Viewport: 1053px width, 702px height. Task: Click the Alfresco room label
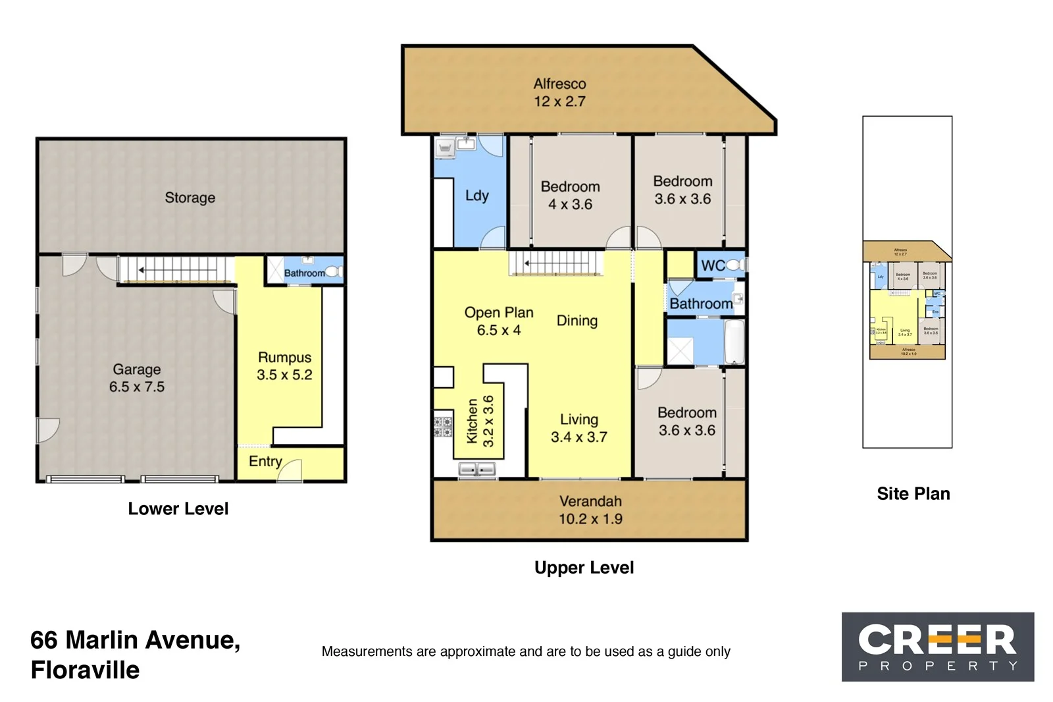pos(559,84)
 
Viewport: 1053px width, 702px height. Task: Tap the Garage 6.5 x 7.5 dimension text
pos(137,387)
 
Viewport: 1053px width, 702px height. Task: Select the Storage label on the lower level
pos(190,198)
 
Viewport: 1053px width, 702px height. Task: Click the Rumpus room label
pos(284,358)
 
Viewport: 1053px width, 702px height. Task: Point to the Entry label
pos(265,462)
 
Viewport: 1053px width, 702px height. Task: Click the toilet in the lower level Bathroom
pos(333,271)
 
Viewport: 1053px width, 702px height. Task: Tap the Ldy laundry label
pos(476,196)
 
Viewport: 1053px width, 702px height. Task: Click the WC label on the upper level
pos(713,266)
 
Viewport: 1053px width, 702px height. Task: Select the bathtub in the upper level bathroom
pos(734,341)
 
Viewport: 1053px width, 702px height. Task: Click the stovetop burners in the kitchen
pos(443,426)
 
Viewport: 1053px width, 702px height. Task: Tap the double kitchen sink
pos(477,470)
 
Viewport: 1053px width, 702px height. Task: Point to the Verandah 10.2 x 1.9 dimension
pos(590,519)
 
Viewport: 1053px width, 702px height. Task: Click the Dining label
pos(577,321)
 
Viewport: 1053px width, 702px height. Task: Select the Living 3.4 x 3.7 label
pos(578,428)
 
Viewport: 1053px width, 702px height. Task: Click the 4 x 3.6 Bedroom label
pos(570,196)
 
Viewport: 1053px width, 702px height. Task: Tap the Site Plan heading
pos(913,494)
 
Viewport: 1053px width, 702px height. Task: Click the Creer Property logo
pos(937,647)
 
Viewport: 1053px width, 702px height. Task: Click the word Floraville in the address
pos(85,670)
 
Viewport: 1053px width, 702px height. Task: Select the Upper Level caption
pos(584,568)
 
